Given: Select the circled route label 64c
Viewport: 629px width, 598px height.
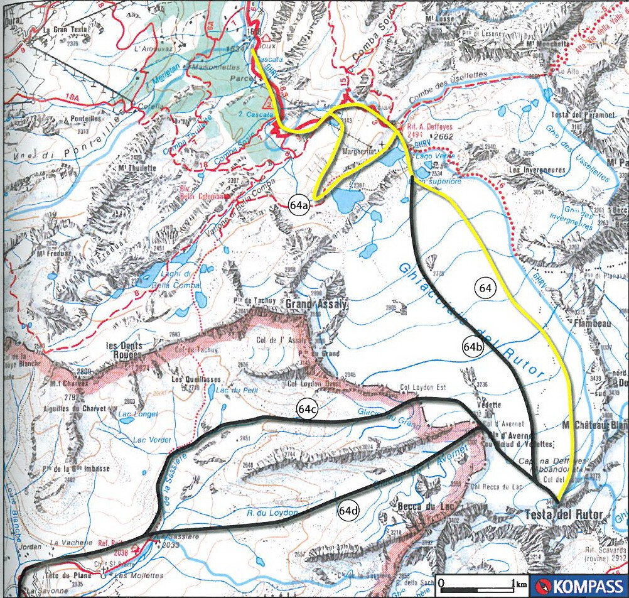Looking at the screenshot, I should pyautogui.click(x=306, y=410).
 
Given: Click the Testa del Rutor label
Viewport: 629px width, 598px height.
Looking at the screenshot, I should pyautogui.click(x=563, y=515).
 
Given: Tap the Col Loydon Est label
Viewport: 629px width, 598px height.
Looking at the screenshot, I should pyautogui.click(x=416, y=388).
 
